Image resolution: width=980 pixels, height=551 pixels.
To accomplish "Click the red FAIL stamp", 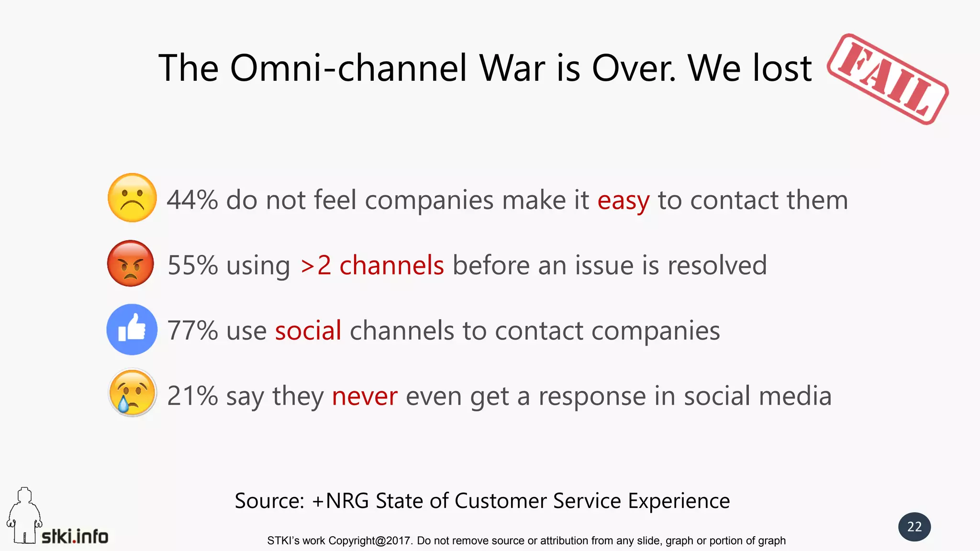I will click(x=888, y=79).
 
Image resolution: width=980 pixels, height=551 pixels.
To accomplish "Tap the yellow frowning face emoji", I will click(x=133, y=198).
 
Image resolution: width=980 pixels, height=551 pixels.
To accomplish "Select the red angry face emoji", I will click(x=131, y=264).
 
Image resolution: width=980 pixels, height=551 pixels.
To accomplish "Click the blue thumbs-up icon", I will click(x=132, y=330).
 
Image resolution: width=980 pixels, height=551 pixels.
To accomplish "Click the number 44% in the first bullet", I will click(x=192, y=200).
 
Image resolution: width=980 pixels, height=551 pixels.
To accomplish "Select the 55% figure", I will click(x=193, y=265).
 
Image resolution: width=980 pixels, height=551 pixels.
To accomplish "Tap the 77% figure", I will click(x=192, y=331).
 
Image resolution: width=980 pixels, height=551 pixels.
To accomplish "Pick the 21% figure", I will click(x=192, y=396).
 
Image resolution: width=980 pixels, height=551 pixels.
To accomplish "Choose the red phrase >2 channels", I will click(x=372, y=265).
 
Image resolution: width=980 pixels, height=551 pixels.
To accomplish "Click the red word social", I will click(x=308, y=331).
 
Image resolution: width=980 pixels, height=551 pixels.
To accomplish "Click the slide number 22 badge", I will click(x=914, y=527).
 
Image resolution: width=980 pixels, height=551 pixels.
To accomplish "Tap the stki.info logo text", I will click(x=75, y=537).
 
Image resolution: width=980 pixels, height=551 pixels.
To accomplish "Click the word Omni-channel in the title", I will click(x=348, y=68).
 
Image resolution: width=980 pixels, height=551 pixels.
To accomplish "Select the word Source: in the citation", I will click(x=269, y=501).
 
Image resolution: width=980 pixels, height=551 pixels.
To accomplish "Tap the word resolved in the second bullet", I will click(x=717, y=265).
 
